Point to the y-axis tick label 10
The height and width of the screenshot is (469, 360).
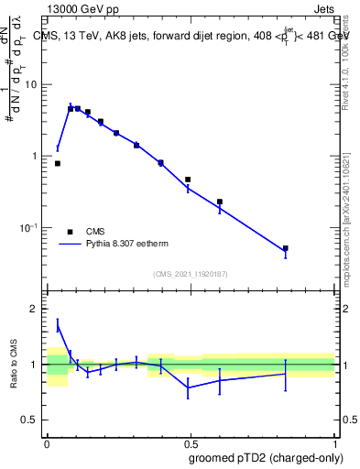tap(32, 84)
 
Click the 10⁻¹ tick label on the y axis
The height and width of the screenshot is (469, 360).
tap(30, 227)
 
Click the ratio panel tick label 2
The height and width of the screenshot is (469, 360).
tap(36, 309)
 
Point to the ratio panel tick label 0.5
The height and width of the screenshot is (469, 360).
tap(31, 420)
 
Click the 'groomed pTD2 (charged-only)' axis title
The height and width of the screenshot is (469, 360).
tap(267, 457)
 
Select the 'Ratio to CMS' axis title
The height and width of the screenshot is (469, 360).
tap(13, 365)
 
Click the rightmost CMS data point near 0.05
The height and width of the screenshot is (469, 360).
tap(286, 248)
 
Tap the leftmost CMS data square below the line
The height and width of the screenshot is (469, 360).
tap(58, 163)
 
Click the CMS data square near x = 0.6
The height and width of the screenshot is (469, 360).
tap(220, 202)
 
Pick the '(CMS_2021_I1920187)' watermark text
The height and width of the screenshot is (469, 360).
tap(190, 274)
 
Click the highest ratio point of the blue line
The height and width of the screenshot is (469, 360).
tap(58, 325)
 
